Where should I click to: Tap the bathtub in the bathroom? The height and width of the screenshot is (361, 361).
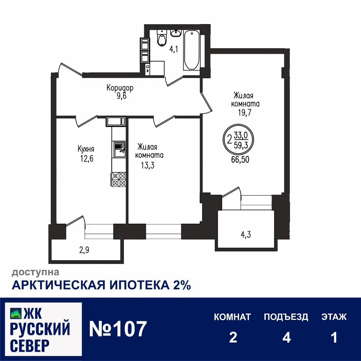tap(191, 50)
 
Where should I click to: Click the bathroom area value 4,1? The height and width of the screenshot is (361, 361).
tap(173, 49)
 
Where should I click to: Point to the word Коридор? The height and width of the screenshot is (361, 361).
tap(120, 88)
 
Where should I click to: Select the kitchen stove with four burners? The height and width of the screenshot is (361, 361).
tap(119, 179)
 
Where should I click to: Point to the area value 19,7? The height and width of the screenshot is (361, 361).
tap(244, 112)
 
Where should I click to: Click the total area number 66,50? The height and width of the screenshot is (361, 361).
tap(240, 159)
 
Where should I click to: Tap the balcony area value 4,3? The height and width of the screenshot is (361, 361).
tap(245, 234)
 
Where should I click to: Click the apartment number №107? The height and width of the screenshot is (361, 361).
tap(118, 329)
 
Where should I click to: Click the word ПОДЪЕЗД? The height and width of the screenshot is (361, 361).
tap(286, 317)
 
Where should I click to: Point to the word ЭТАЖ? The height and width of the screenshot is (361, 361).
tap(334, 317)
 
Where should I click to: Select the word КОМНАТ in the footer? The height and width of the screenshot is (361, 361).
tap(232, 317)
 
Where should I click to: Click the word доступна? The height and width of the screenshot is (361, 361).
tap(36, 273)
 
